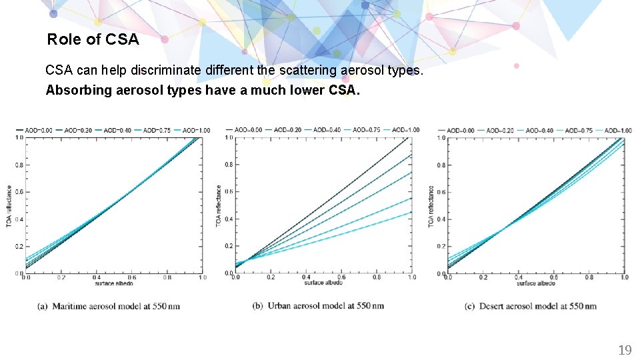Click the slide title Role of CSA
pyautogui.click(x=93, y=39)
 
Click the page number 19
pyautogui.click(x=625, y=350)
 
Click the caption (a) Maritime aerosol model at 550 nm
pyautogui.click(x=109, y=306)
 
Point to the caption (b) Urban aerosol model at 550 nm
pyautogui.click(x=318, y=306)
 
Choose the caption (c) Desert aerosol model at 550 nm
pyautogui.click(x=530, y=306)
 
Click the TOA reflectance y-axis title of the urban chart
pyautogui.click(x=219, y=205)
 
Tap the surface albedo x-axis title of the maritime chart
pyautogui.click(x=113, y=283)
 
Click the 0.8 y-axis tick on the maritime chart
pyautogui.click(x=19, y=165)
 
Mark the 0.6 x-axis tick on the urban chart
pyautogui.click(x=341, y=277)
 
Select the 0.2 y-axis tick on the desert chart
pyautogui.click(x=441, y=246)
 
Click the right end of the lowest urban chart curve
pyautogui.click(x=411, y=212)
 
